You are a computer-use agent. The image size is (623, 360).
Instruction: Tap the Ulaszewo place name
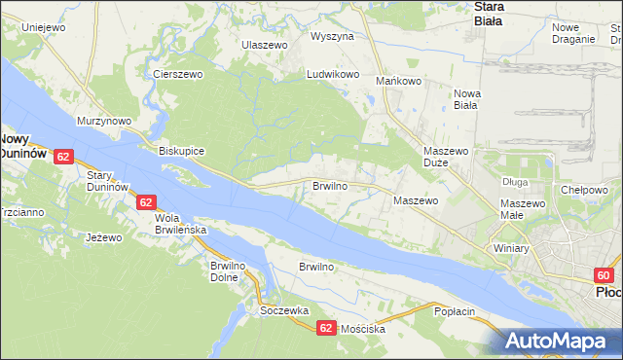coord(266,46)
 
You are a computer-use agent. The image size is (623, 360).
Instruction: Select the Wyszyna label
coord(332,36)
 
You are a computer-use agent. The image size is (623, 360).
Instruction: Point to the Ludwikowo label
coord(333,74)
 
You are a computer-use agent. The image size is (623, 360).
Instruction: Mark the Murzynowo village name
coord(104,121)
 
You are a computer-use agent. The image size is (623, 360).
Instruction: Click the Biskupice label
coord(181,152)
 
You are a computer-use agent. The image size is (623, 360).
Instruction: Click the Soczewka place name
coord(284,310)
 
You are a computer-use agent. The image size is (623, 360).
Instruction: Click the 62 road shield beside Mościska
coord(326,329)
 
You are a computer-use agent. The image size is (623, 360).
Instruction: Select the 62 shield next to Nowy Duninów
coord(63,156)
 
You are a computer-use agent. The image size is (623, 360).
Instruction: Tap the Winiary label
coord(510,248)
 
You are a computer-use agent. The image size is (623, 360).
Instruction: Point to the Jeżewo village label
coord(103,237)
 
